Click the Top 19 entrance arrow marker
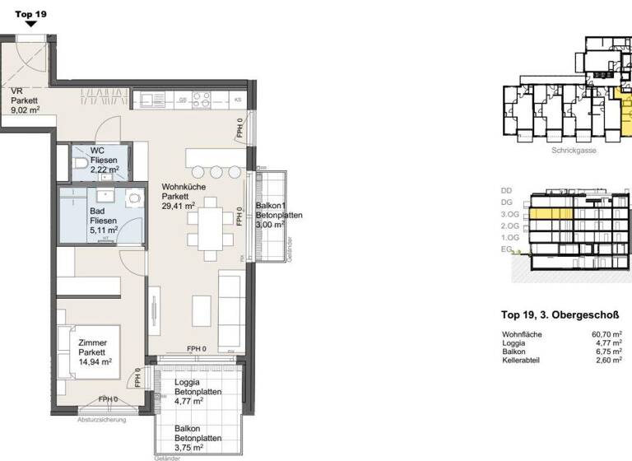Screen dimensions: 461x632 point(30,25)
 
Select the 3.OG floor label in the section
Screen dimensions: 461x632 point(511,213)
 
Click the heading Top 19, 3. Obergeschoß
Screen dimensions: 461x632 point(559,314)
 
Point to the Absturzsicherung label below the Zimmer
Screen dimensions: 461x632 point(101,421)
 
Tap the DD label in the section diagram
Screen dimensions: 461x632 point(506,190)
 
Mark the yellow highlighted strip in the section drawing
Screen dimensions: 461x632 point(551,213)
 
